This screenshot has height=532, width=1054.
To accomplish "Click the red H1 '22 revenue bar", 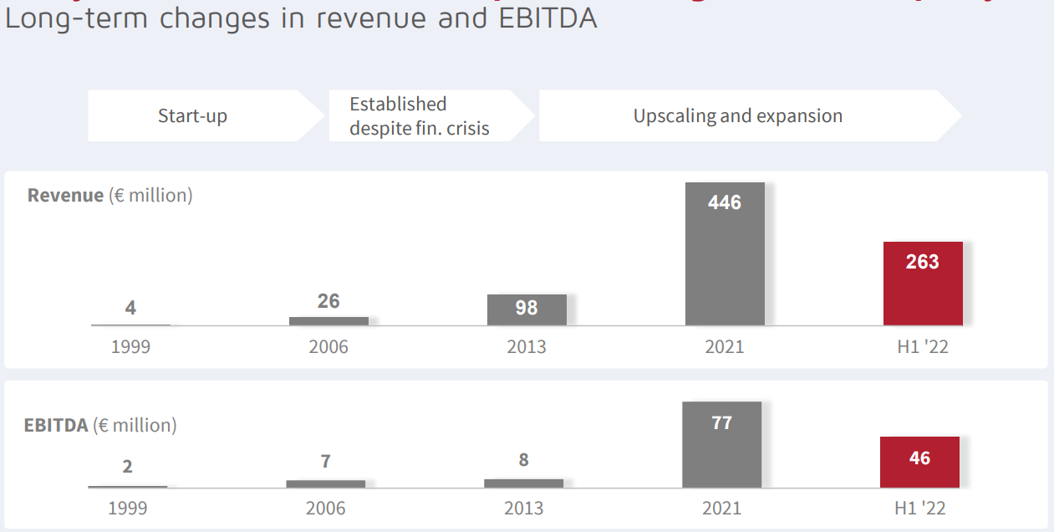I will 923,284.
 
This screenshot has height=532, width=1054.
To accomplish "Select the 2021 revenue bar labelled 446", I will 725,255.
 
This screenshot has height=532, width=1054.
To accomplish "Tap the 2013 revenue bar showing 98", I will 527,309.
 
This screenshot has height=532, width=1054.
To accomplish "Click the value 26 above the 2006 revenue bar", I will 328,301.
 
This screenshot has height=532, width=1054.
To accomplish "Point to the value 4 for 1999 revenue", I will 130,308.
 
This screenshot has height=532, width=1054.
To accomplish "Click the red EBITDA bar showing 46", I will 919,462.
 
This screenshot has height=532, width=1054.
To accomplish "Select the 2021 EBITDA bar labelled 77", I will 721,445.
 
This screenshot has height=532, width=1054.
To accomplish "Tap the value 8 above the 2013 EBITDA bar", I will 523,460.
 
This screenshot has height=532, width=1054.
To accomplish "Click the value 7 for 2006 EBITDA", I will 325,461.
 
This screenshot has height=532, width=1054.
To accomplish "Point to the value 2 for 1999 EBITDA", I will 127,467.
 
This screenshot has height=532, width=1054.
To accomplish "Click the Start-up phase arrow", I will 193,115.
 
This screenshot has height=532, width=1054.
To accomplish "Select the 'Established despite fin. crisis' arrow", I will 419,115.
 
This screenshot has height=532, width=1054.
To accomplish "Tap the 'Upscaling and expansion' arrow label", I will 737,115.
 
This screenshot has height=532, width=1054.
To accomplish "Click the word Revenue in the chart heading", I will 65,196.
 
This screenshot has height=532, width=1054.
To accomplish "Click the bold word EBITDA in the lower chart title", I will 56,425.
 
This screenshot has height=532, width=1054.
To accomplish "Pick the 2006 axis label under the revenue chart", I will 328,346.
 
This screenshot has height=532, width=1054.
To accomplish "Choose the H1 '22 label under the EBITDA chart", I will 919,508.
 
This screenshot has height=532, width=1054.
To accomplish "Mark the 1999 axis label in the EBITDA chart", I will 127,508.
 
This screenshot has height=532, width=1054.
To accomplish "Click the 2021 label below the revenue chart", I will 725,346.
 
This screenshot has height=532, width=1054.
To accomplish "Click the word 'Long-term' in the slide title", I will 74,18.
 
